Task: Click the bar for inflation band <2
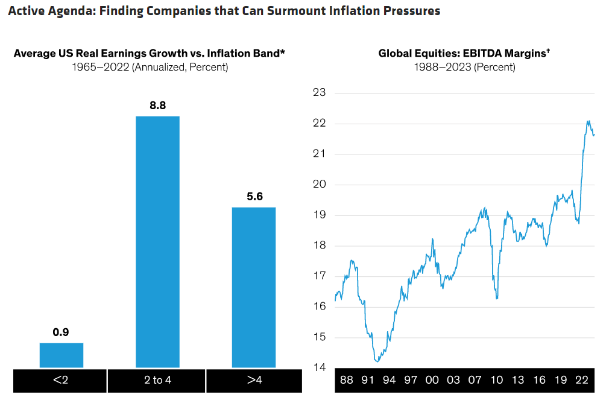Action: (x=62, y=355)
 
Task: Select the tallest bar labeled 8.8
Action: (x=157, y=241)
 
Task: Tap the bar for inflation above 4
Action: (x=254, y=287)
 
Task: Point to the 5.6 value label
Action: (x=254, y=197)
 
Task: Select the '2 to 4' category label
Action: (x=157, y=381)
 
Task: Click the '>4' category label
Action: (x=254, y=381)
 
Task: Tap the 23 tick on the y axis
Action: (x=320, y=93)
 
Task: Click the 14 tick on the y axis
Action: (x=320, y=367)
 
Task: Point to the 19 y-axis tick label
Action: (x=320, y=215)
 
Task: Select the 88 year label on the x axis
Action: (x=347, y=380)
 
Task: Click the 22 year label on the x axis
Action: (x=581, y=380)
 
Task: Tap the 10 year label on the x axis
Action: (x=496, y=380)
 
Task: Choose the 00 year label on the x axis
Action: (x=432, y=380)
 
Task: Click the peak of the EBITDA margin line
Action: (x=588, y=121)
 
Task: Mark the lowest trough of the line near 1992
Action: (x=377, y=361)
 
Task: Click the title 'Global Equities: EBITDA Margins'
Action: (x=464, y=54)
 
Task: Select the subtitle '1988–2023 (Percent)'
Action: (x=464, y=67)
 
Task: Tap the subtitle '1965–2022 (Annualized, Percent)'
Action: (x=149, y=67)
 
